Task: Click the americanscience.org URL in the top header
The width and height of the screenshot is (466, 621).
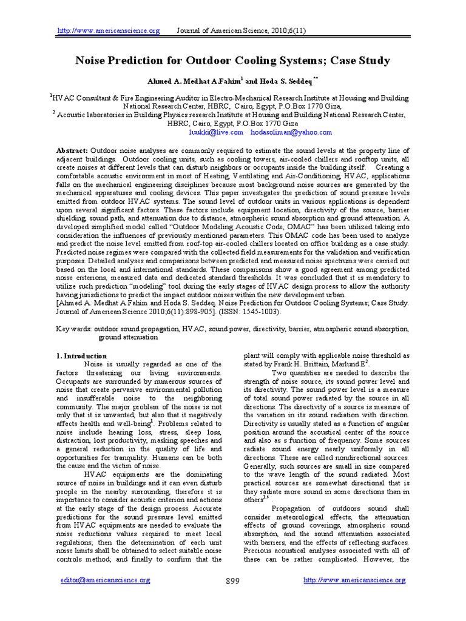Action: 109,31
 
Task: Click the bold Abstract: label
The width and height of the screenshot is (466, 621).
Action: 72,150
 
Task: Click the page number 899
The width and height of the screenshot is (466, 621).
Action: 232,581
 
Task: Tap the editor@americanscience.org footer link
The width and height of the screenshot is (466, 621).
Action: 106,580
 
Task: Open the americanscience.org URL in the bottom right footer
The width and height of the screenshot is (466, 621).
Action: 354,580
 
